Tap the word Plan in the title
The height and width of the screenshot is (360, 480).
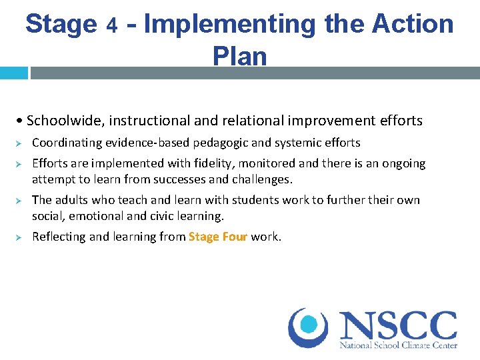point(240,56)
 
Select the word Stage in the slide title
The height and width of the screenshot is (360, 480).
point(61,25)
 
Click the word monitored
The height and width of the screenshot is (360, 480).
point(264,163)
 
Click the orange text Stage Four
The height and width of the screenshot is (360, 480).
point(218,237)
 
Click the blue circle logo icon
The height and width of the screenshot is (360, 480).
point(309,327)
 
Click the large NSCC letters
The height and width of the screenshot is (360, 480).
point(398,326)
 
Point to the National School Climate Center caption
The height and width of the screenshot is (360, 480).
point(398,346)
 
